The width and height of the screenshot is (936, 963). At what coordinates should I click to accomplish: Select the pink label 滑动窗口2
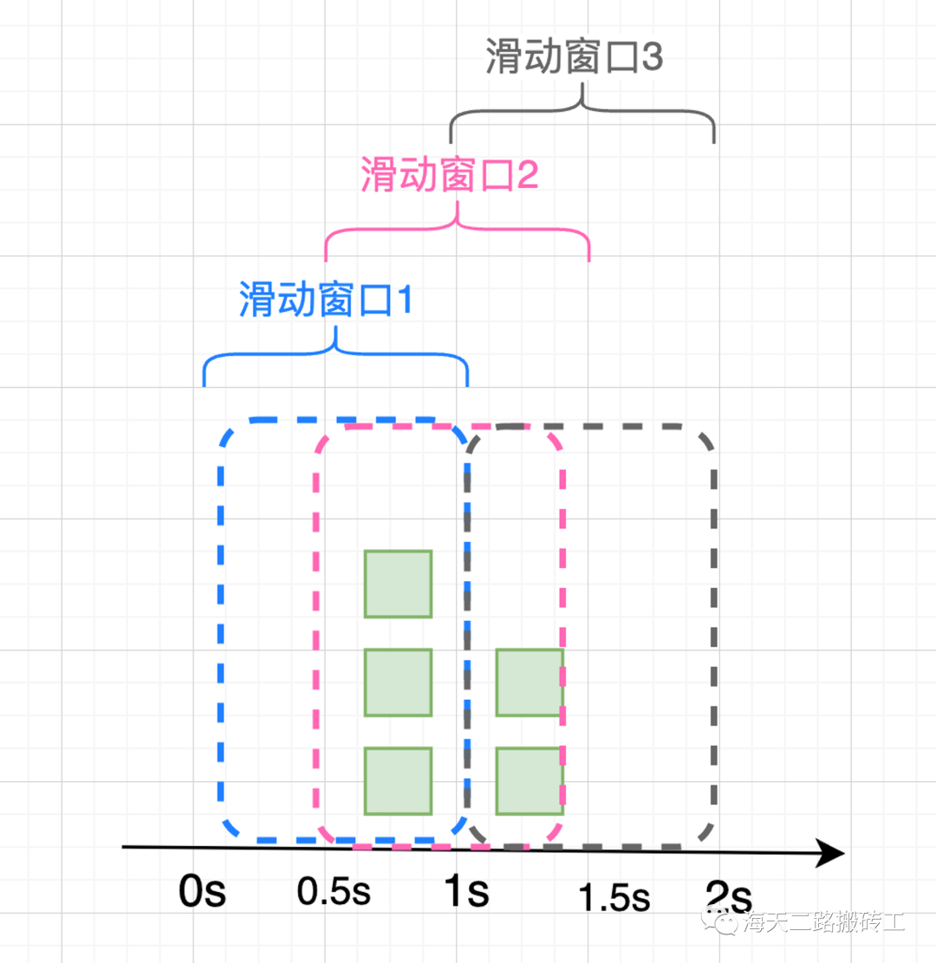pos(448,177)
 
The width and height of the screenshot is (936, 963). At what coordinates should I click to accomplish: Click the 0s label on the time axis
pos(202,891)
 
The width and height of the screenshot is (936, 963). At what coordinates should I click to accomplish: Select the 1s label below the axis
pos(465,891)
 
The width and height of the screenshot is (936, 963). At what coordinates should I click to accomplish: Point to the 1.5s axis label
pos(614,898)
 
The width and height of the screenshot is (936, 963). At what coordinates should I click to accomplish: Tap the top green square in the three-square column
pos(398,584)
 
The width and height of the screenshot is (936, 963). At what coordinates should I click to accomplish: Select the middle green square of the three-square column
pos(398,682)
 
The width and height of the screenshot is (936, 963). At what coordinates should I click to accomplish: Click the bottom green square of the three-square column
pos(398,781)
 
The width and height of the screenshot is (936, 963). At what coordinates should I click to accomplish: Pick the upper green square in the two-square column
pos(530,682)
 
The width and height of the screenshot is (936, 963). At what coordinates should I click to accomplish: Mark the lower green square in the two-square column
pos(530,781)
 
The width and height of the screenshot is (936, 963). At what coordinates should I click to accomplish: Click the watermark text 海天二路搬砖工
pos(823,921)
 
